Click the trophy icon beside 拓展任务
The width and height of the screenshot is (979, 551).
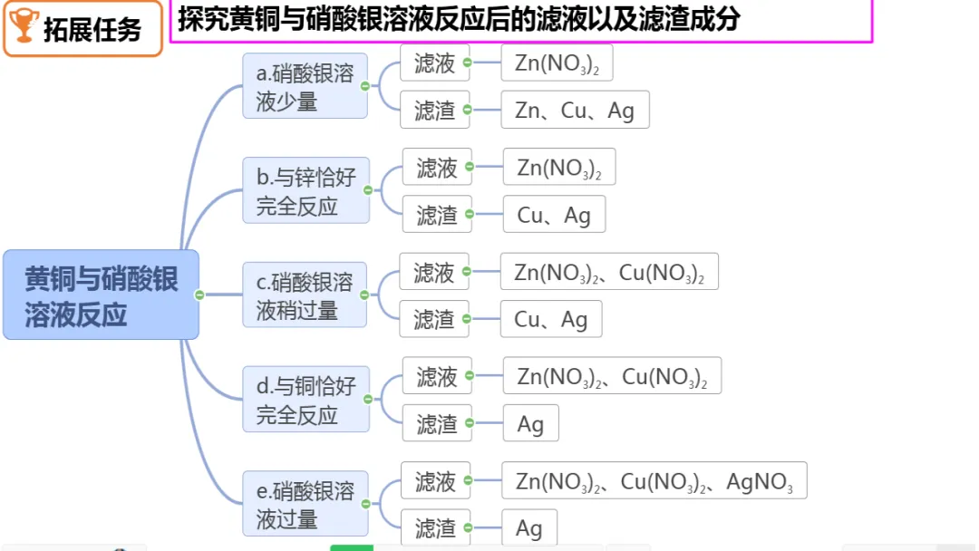pyautogui.click(x=23, y=27)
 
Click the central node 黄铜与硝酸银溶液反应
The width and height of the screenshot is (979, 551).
pyautogui.click(x=101, y=295)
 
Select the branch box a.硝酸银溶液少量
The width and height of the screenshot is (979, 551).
pyautogui.click(x=305, y=86)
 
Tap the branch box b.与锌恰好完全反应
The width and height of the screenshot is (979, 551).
pyautogui.click(x=305, y=190)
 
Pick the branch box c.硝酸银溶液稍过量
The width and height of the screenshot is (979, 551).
pyautogui.click(x=305, y=295)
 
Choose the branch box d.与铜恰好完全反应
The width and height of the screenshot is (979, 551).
pyautogui.click(x=305, y=400)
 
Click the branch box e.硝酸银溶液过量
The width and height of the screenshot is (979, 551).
pyautogui.click(x=305, y=504)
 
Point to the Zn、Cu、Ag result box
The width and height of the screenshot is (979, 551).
pyautogui.click(x=575, y=110)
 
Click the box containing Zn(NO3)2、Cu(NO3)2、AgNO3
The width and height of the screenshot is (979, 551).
pyautogui.click(x=654, y=481)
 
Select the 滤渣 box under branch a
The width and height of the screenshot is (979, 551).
pyautogui.click(x=435, y=110)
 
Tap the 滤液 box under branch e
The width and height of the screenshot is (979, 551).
pyautogui.click(x=435, y=481)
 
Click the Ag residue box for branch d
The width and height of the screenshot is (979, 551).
pyautogui.click(x=530, y=423)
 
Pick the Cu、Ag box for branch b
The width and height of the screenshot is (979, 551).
pyautogui.click(x=554, y=215)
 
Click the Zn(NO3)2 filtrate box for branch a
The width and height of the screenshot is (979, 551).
pyautogui.click(x=557, y=63)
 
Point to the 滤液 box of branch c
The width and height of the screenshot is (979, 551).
pyautogui.click(x=434, y=272)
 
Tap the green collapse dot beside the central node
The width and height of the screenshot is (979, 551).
pyautogui.click(x=199, y=295)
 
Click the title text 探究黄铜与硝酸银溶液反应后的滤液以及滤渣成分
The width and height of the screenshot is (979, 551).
pyautogui.click(x=459, y=19)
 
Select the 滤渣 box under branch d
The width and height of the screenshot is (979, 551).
pyautogui.click(x=437, y=423)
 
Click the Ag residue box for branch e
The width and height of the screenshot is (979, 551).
pyautogui.click(x=529, y=528)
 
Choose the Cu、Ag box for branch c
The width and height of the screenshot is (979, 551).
pyautogui.click(x=551, y=319)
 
